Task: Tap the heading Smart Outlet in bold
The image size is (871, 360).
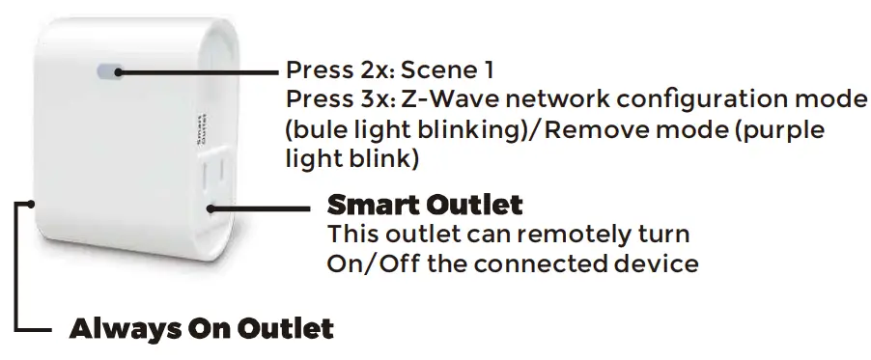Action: (x=425, y=205)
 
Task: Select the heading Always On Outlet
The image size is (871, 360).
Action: (x=201, y=328)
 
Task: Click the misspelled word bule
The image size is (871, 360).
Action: (x=319, y=130)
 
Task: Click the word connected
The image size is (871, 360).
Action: (x=529, y=263)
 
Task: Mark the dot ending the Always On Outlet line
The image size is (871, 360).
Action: (x=33, y=203)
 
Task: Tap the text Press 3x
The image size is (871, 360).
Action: (x=328, y=99)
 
